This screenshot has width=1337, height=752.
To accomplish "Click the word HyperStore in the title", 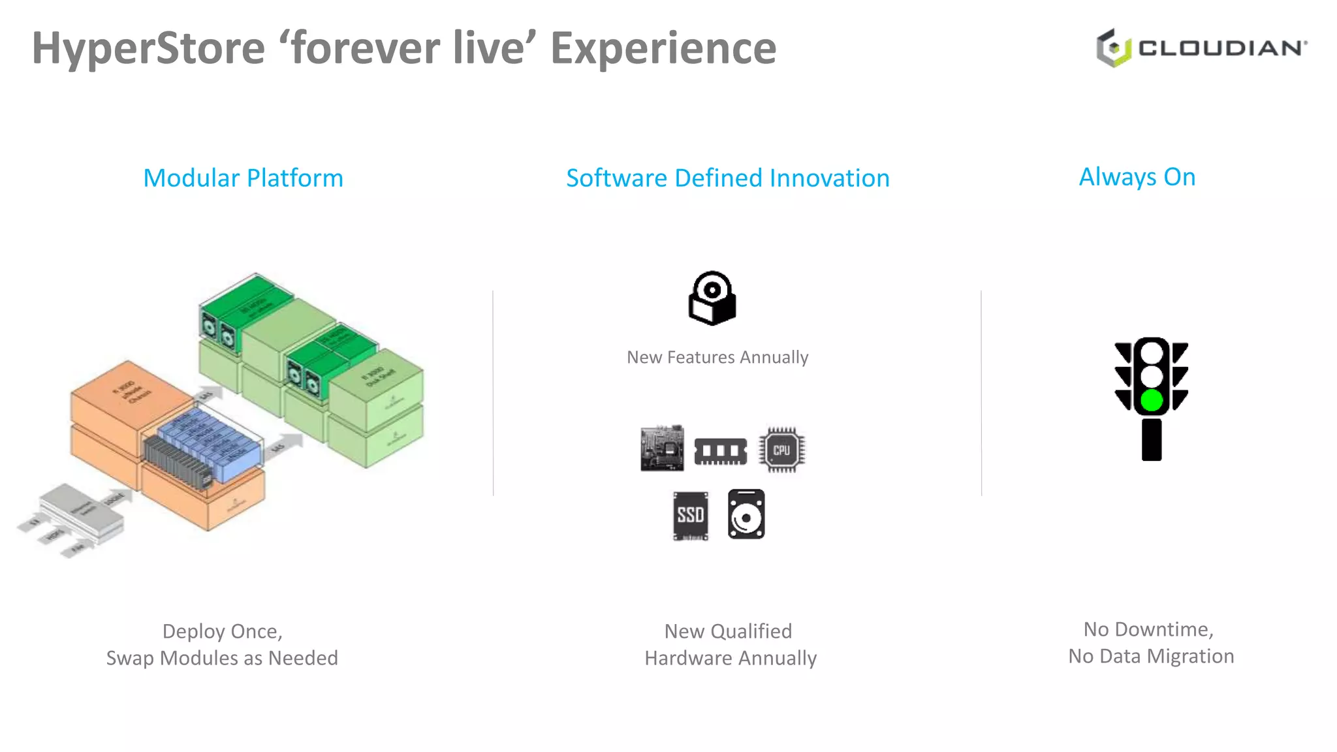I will [149, 49].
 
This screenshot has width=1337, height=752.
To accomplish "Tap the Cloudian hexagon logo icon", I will [1114, 48].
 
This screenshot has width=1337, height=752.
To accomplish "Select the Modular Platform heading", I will [243, 178].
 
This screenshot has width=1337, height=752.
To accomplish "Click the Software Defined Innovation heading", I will [727, 178].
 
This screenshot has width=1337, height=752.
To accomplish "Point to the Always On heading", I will [1137, 177].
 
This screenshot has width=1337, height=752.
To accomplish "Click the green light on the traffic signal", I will [1152, 399].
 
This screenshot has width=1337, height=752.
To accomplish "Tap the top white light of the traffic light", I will [1152, 353].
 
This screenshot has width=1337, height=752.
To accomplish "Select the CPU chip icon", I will [781, 450].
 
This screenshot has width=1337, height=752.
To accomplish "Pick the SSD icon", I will [691, 516].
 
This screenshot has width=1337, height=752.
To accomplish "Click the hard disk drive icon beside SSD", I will [746, 514].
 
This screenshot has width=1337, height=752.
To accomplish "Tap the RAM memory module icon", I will [720, 451].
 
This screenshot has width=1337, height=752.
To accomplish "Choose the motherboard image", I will [662, 448].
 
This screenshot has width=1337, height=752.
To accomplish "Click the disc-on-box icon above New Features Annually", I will [712, 298].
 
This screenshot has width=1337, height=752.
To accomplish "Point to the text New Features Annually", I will [717, 357].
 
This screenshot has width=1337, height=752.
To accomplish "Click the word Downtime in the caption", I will [1163, 629].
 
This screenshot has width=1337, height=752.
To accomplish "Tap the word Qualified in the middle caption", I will [751, 631].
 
